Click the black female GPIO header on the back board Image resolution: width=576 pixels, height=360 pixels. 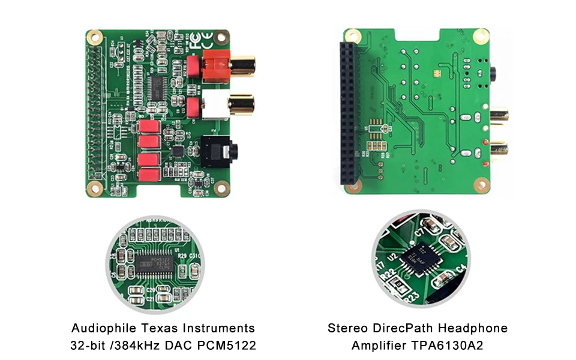349,114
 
